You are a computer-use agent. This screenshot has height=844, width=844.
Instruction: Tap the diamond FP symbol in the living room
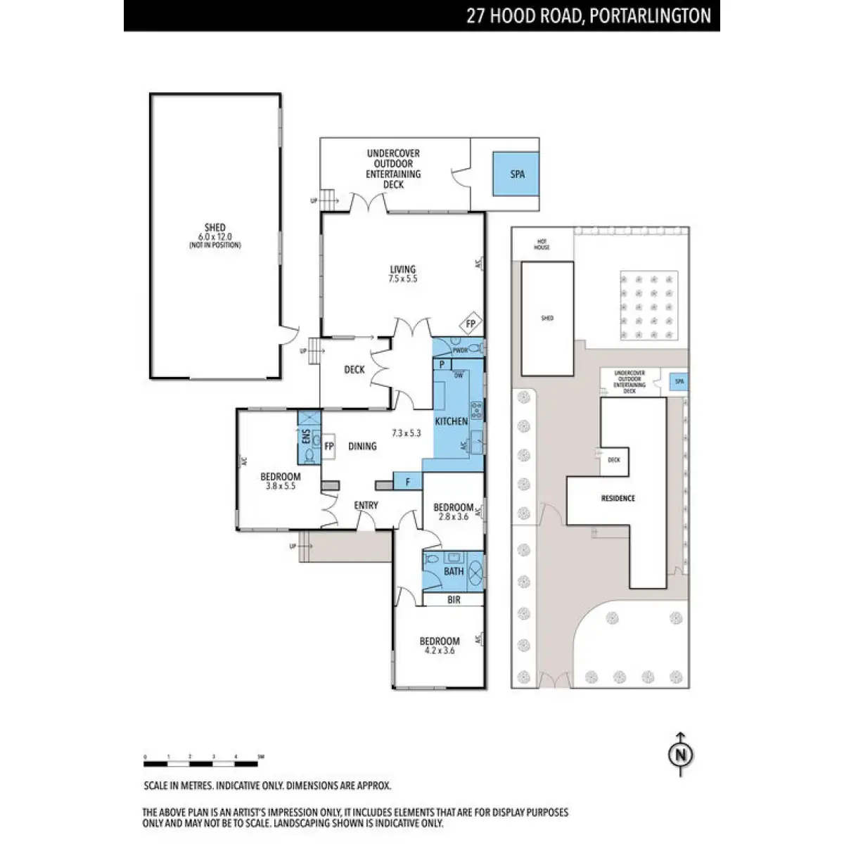tap(471, 324)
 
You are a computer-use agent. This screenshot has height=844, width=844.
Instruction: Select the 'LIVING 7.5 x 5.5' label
tap(403, 274)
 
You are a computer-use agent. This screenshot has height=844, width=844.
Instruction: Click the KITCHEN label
tap(451, 421)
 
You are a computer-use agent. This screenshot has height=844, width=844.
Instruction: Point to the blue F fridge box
tap(408, 482)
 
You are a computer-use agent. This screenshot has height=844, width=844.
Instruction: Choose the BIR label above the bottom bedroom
tap(454, 600)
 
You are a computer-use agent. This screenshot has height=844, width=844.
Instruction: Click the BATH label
tap(453, 571)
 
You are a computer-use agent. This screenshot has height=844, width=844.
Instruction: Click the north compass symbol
tap(679, 753)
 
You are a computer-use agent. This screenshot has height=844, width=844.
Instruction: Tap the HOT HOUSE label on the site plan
tap(541, 245)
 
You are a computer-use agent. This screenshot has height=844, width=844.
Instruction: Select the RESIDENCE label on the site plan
tap(618, 498)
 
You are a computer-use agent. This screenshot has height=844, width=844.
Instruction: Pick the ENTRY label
tap(366, 505)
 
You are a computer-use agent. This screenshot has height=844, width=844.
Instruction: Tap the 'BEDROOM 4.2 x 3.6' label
tap(440, 646)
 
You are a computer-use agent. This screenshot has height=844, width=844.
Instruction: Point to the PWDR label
tap(460, 350)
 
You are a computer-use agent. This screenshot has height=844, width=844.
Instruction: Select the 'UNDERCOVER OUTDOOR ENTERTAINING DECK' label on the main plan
tap(393, 169)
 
